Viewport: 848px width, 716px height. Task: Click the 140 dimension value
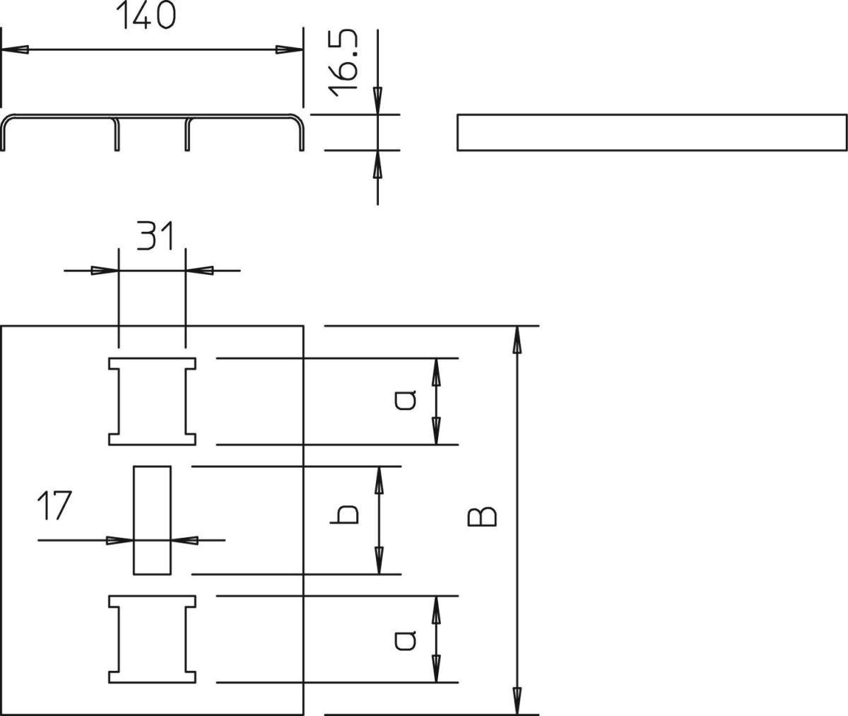point(146,15)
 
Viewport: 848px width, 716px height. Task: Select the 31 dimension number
point(155,235)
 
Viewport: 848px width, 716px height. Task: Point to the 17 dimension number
point(55,505)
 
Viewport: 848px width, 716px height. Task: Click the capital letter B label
point(482,517)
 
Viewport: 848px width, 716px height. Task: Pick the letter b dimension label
point(344,514)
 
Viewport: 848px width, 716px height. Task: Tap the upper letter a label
point(406,400)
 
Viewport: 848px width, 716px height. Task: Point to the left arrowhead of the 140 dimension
point(15,49)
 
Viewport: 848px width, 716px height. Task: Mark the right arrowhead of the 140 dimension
point(290,49)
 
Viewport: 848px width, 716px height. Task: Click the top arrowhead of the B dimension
point(517,340)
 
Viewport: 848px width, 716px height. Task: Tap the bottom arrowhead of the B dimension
point(517,700)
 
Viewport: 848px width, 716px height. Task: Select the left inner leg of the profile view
point(117,135)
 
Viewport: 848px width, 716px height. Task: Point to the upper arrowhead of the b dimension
point(379,481)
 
